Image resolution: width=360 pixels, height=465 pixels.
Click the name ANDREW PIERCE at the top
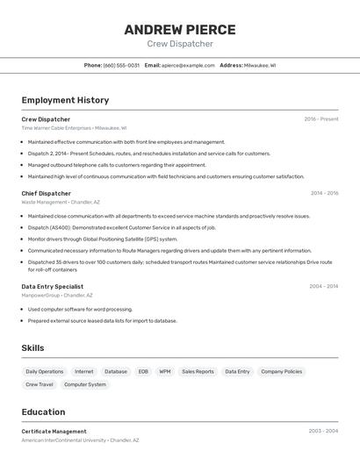point(180,29)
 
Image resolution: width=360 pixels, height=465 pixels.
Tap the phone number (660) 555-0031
point(121,65)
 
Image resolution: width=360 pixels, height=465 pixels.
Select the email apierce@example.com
point(188,65)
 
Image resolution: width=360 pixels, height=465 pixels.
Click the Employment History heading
point(65,100)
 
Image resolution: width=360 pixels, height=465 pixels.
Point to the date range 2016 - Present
point(321,119)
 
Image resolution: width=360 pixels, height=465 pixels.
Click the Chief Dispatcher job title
point(47,193)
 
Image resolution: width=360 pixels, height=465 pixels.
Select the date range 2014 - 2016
point(324,193)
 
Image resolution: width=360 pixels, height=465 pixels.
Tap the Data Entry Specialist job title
point(53,286)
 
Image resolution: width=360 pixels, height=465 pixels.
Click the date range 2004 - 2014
point(324,286)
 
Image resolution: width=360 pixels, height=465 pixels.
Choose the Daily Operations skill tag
point(45,371)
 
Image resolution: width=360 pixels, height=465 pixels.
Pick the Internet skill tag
point(84,371)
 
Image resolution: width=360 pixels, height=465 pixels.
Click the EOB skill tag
point(143,371)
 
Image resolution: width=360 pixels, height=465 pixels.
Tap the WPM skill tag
point(165,371)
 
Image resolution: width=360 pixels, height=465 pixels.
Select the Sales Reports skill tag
point(198,371)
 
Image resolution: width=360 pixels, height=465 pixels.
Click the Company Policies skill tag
point(282,371)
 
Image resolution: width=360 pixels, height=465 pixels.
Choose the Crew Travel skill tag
point(40,384)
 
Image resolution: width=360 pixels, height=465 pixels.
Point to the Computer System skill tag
point(85,384)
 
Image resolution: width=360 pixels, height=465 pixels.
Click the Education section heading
point(43,411)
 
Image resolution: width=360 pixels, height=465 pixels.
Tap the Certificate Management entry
point(54,432)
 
